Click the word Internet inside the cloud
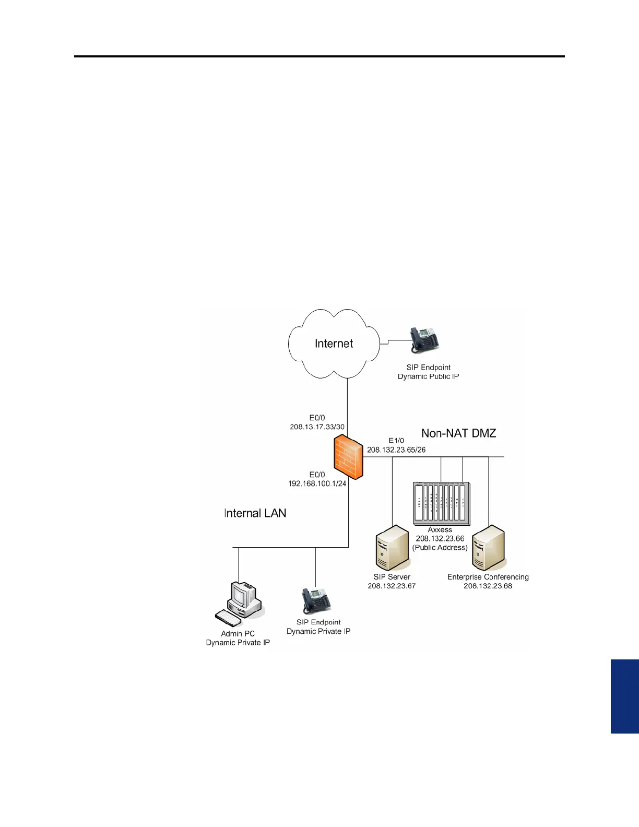click(334, 344)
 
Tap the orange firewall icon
click(348, 458)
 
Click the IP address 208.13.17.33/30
click(317, 427)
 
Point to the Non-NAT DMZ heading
click(458, 433)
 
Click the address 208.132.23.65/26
click(396, 450)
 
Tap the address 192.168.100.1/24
click(317, 483)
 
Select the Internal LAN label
click(255, 513)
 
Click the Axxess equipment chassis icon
click(441, 503)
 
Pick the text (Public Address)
click(440, 548)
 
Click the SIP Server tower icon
click(392, 548)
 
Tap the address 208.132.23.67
click(392, 586)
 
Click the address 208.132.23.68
click(488, 586)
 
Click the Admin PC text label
click(238, 633)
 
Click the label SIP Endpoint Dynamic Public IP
click(428, 372)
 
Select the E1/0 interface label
click(396, 441)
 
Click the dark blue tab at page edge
click(625, 696)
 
